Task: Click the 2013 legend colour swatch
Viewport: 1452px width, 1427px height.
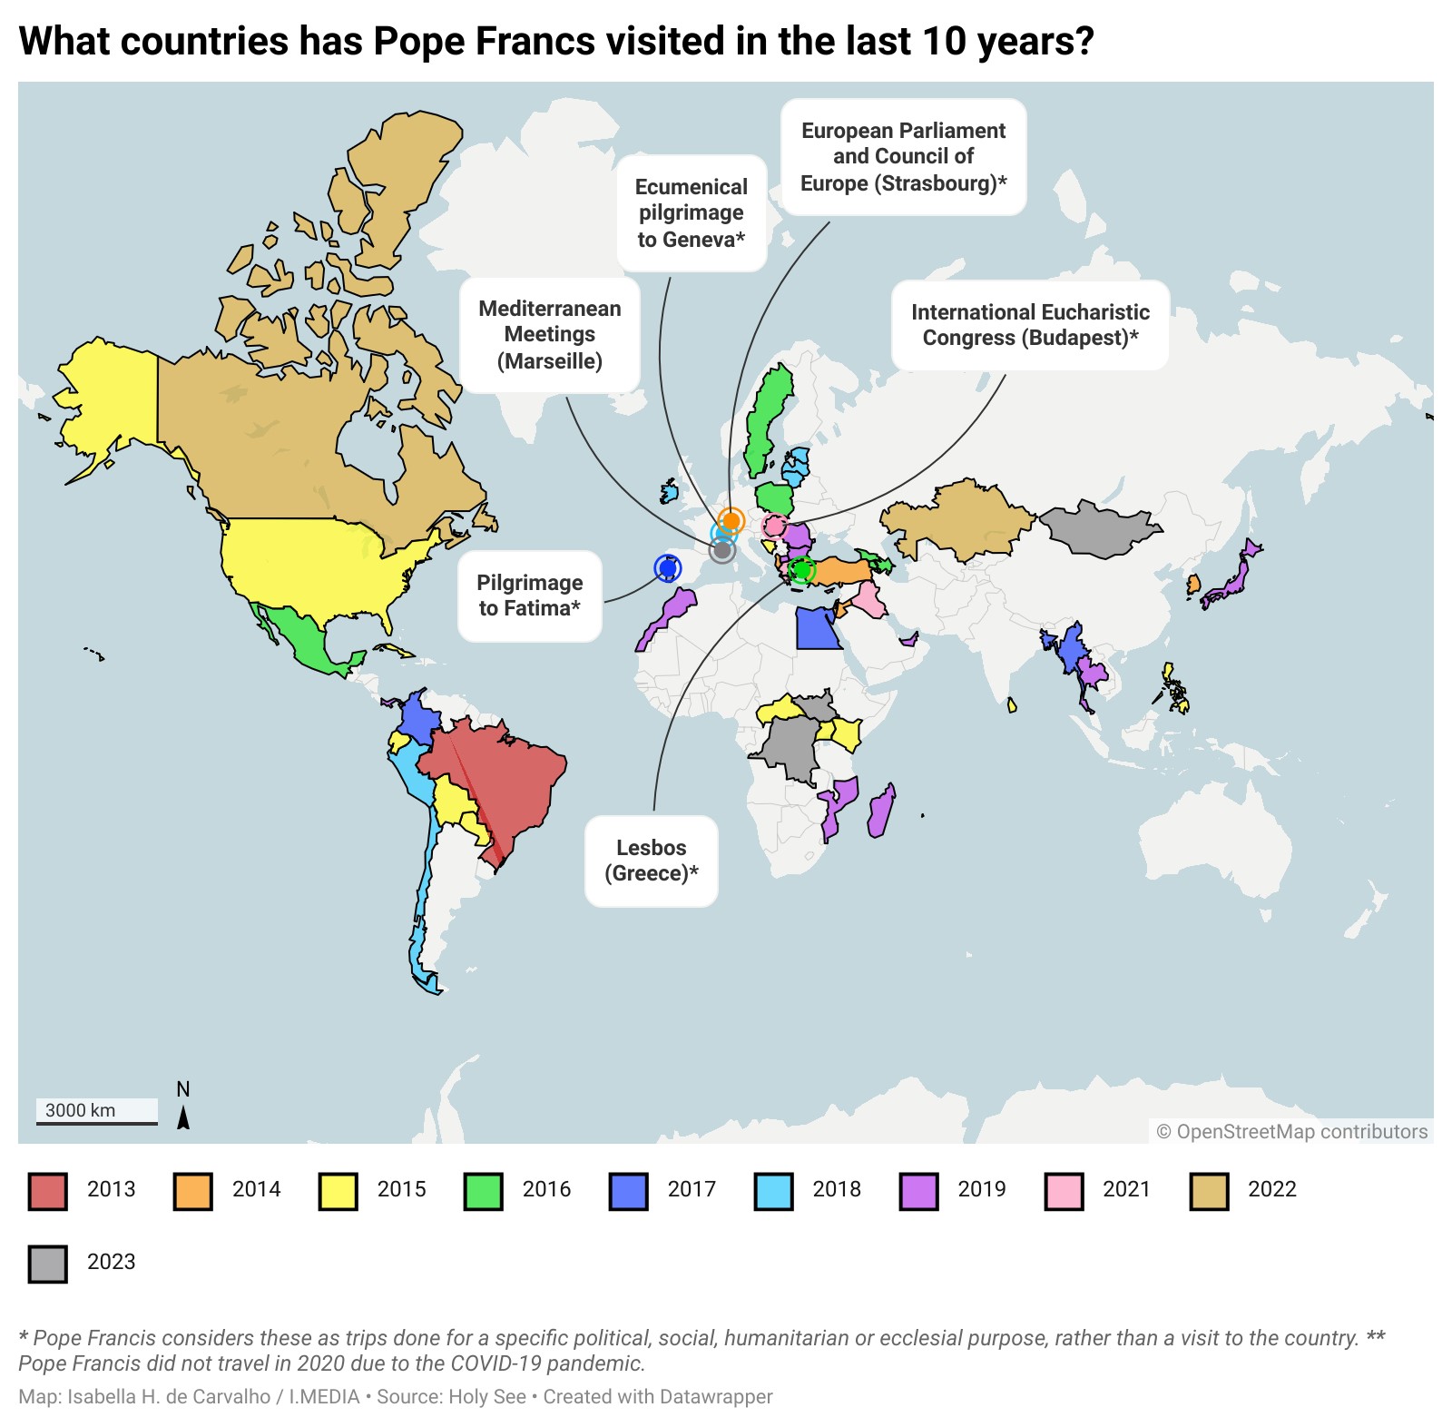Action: tap(47, 1191)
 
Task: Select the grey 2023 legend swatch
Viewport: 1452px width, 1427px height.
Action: tap(47, 1263)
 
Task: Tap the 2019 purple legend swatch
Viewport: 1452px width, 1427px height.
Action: tap(918, 1191)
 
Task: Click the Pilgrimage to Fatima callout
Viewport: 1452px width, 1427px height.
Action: tap(530, 595)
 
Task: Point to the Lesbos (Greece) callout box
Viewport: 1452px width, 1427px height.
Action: tap(651, 861)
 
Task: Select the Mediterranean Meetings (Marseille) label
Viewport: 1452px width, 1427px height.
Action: tap(550, 335)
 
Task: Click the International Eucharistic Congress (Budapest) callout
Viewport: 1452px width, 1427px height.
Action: tap(1030, 325)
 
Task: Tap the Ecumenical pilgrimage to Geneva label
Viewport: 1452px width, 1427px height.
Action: tap(692, 213)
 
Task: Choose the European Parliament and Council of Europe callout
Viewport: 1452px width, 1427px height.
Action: tap(903, 157)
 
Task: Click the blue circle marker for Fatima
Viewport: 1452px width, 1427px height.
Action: tap(668, 568)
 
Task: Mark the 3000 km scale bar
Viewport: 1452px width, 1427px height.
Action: tap(96, 1112)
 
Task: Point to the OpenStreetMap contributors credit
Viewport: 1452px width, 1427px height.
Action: tap(1291, 1131)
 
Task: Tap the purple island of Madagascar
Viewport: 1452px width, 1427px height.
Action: tap(880, 812)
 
